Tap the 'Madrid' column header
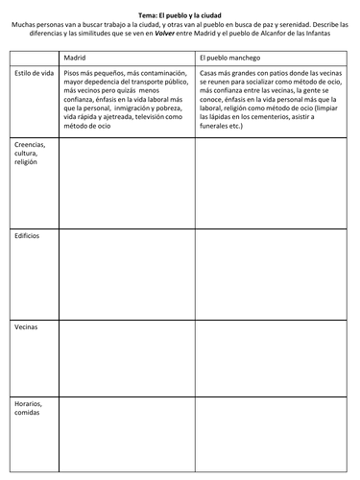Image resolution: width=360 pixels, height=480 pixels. click(75, 57)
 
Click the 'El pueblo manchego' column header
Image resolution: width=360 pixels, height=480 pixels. click(230, 57)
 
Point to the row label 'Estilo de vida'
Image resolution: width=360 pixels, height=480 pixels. click(32, 73)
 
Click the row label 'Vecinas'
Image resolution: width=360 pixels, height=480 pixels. click(26, 326)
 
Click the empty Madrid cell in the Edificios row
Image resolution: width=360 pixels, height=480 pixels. click(128, 274)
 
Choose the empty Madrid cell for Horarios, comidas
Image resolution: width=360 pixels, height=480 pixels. click(128, 432)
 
